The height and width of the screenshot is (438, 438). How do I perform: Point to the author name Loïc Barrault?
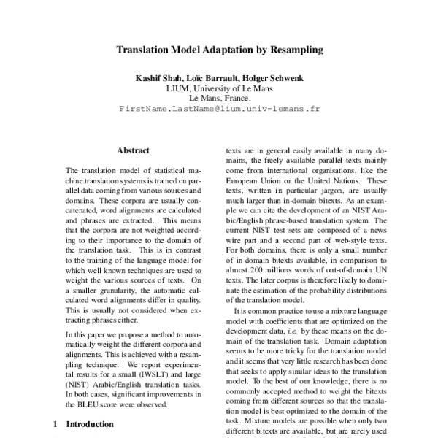coord(208,77)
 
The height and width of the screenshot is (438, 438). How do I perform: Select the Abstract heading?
coord(133,150)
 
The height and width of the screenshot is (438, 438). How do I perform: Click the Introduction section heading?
coord(89,423)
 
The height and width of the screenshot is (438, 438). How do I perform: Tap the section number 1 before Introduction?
coord(57,423)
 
